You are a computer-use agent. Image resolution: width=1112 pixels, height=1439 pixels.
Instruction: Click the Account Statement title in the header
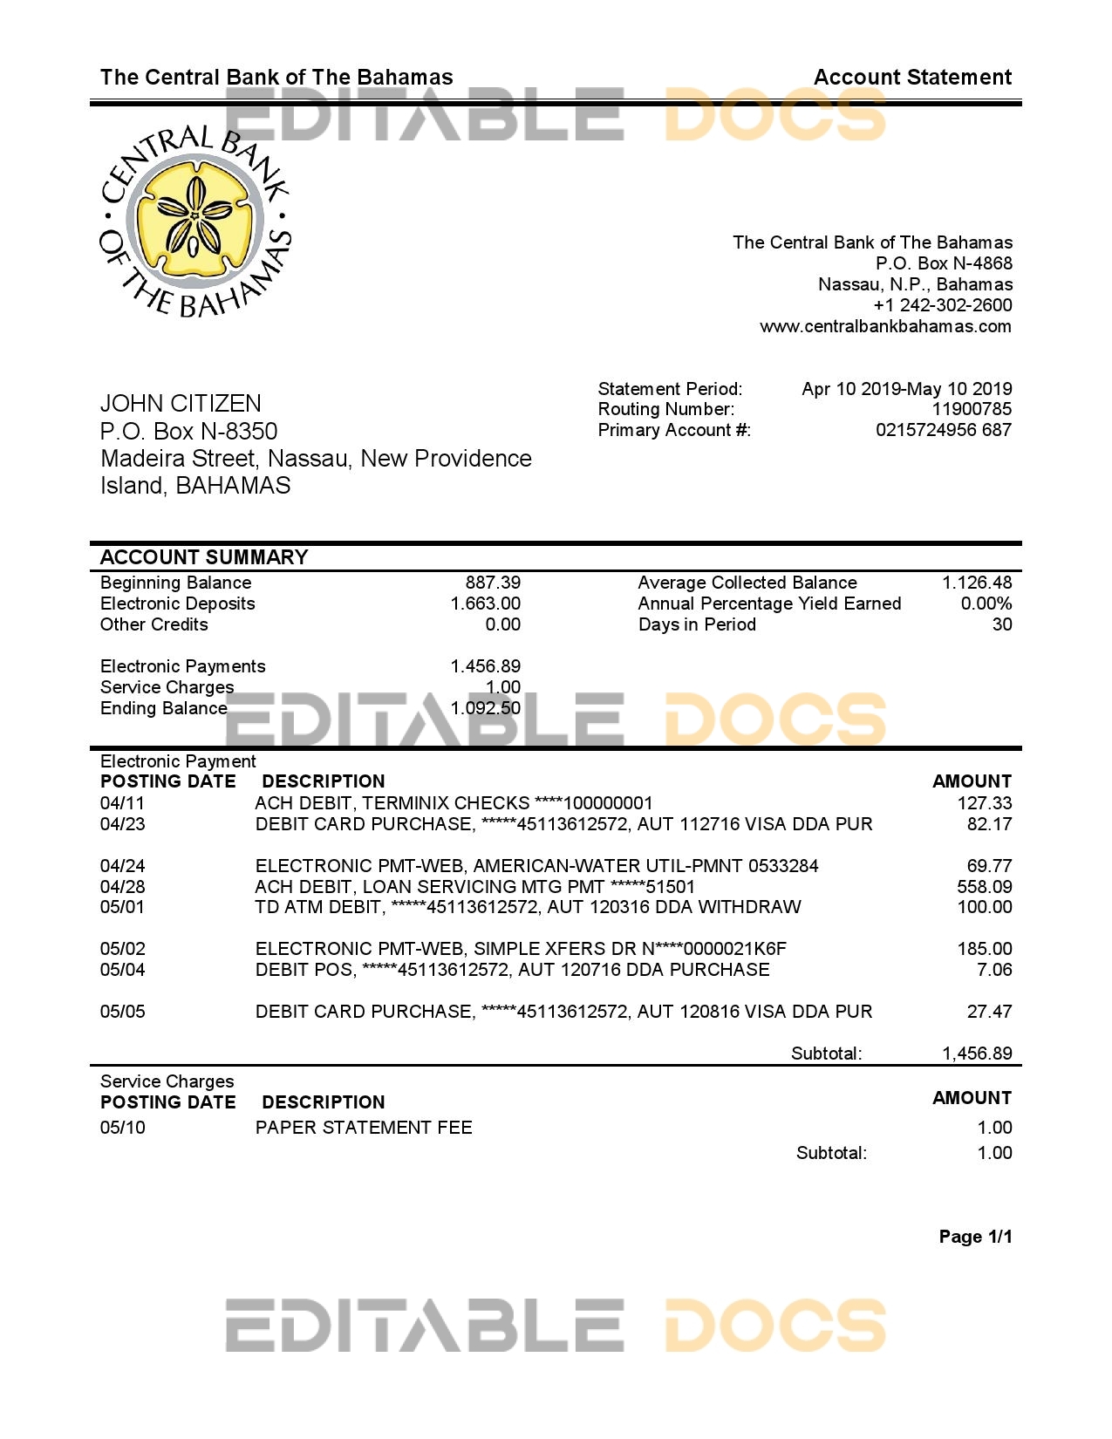point(912,78)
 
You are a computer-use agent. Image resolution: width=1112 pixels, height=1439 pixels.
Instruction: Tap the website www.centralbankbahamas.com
point(885,326)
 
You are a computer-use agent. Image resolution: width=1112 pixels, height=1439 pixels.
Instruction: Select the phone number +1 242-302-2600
point(942,305)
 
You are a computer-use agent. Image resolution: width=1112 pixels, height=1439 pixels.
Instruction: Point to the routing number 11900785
point(972,409)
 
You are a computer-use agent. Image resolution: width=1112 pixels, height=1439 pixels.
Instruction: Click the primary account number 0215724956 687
point(944,430)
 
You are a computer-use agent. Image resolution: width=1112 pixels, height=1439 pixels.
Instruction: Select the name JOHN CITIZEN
point(181,403)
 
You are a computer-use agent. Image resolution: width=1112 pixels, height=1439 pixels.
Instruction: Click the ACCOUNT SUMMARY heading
point(204,557)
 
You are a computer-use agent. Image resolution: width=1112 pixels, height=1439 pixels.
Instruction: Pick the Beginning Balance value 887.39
point(493,583)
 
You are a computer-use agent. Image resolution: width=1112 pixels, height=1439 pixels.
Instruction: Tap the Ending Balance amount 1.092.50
point(486,708)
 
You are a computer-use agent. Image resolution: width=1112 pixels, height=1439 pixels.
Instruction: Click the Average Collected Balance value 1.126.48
point(977,583)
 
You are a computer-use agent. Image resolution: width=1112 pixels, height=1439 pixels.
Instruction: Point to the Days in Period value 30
point(1002,624)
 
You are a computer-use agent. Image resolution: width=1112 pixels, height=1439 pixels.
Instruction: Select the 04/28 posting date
point(123,887)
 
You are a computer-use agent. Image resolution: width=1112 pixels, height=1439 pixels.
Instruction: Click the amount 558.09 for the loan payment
point(985,887)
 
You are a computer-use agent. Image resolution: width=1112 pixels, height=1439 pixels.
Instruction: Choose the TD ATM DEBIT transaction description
point(528,907)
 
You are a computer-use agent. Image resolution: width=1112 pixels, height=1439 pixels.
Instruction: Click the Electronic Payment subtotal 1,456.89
point(977,1054)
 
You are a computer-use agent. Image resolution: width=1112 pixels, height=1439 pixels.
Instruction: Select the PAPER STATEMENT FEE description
point(364,1128)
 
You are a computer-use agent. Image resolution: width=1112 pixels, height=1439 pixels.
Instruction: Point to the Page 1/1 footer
point(975,1237)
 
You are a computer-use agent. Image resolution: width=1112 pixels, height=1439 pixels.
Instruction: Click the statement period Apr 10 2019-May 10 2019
point(907,389)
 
